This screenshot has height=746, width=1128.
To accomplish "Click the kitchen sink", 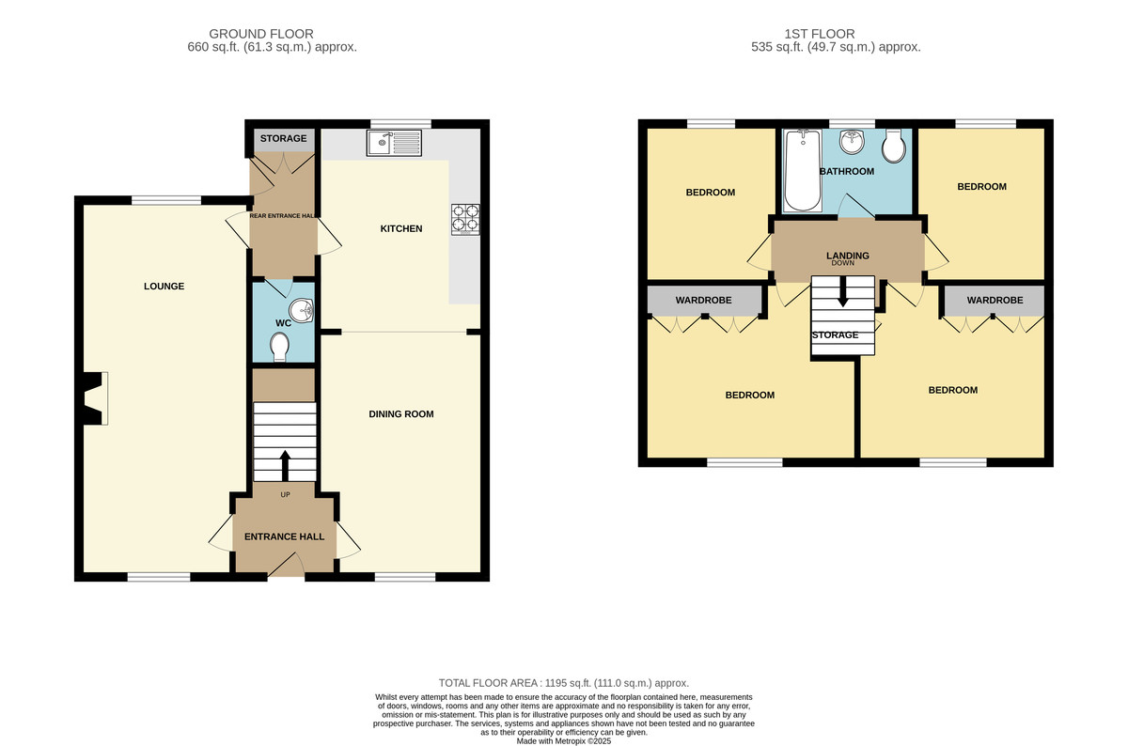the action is (x=394, y=143).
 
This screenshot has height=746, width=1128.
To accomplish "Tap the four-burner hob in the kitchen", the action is (x=465, y=219).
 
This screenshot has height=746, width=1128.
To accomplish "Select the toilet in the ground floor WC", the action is (x=279, y=347).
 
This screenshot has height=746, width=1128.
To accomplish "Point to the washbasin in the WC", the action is (x=302, y=311).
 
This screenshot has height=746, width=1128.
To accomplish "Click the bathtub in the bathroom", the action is (x=802, y=170).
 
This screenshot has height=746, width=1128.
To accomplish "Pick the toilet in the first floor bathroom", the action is (x=894, y=147).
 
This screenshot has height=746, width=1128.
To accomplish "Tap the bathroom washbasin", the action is (x=852, y=141).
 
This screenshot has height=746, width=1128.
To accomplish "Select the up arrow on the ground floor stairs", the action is (x=285, y=466).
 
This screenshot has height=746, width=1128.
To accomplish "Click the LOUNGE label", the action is (x=164, y=287).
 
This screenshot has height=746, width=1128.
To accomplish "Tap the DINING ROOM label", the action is (x=401, y=414).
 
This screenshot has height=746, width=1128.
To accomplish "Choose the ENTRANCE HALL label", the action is (x=285, y=537).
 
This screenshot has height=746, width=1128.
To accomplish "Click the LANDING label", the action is (x=848, y=256).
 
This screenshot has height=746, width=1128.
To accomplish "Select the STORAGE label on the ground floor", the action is (x=284, y=138).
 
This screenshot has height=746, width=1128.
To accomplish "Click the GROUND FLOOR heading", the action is (x=261, y=34).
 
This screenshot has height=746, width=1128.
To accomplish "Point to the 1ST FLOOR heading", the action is (x=820, y=34).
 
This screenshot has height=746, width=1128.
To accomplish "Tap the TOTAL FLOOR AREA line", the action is (x=564, y=683).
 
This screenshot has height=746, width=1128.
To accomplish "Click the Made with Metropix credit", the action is (x=564, y=741).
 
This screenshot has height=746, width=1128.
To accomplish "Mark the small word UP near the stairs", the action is (x=285, y=495).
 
